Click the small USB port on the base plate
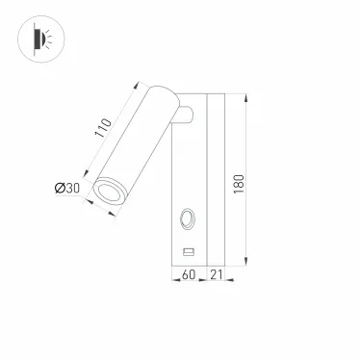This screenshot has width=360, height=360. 189,252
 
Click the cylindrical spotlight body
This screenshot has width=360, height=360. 135,144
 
